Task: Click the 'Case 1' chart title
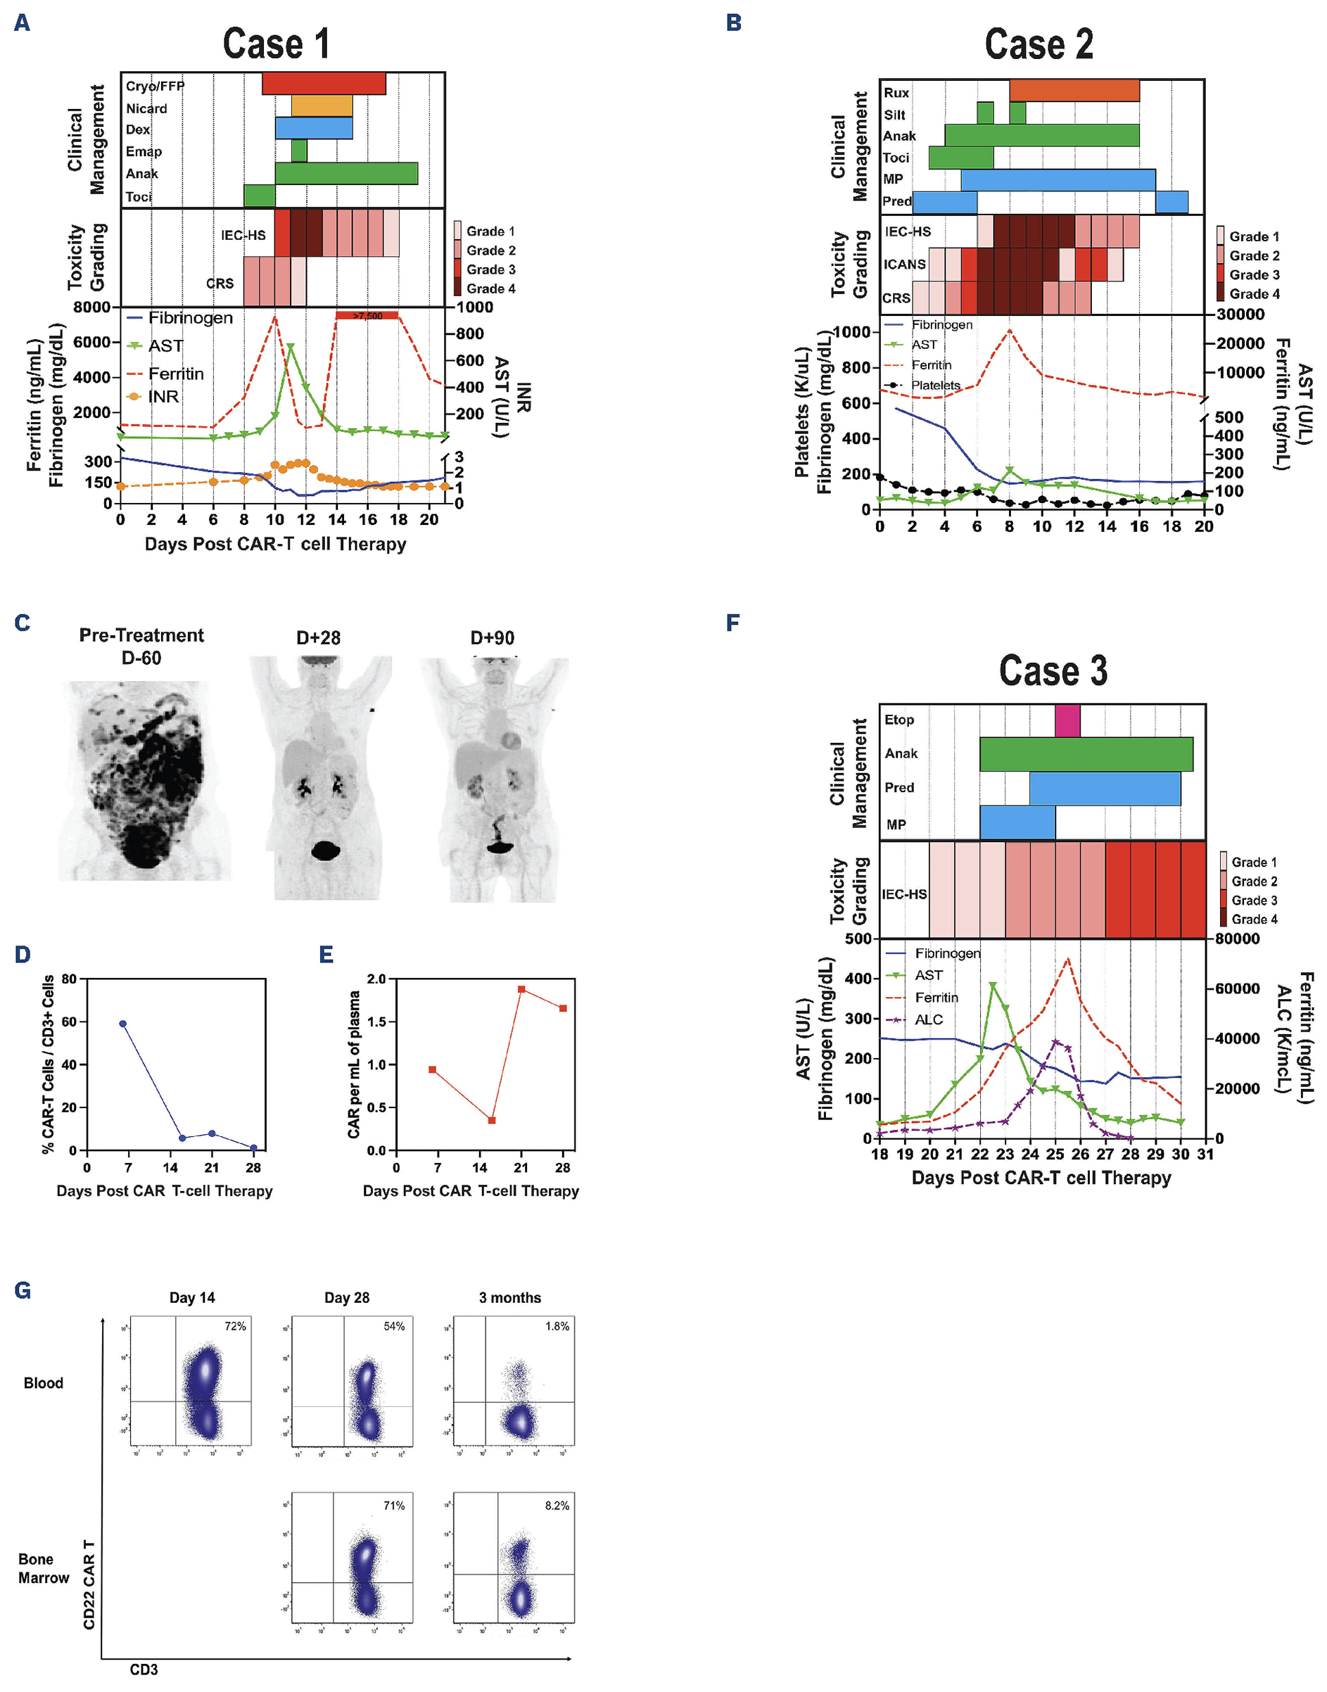click(x=276, y=44)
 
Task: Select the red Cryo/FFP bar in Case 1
click(x=323, y=83)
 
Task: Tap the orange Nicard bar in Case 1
click(x=322, y=106)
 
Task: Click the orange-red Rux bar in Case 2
click(x=1074, y=90)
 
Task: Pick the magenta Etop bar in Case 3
click(x=1067, y=720)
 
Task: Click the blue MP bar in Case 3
click(x=1017, y=822)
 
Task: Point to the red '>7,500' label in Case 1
click(x=367, y=315)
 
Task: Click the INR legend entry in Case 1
click(x=163, y=397)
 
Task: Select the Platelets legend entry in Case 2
click(x=934, y=386)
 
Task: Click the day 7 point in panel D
click(x=122, y=1024)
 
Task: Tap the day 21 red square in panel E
click(x=521, y=989)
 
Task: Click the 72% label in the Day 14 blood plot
click(x=234, y=1326)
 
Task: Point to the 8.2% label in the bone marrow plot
click(x=557, y=1506)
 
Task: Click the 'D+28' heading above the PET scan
click(x=319, y=638)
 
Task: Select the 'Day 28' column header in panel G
click(x=346, y=1297)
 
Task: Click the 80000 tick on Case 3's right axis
click(x=1237, y=939)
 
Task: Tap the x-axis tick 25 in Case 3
click(x=1054, y=1154)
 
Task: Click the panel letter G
click(x=23, y=1290)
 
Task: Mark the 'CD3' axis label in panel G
click(x=144, y=1669)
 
